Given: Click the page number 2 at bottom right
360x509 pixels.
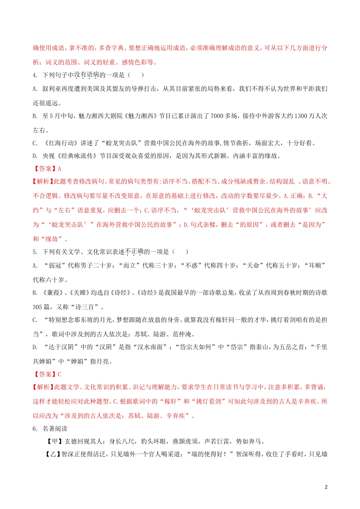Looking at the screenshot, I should pyautogui.click(x=326, y=487).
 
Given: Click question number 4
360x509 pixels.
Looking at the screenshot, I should pyautogui.click(x=34, y=75).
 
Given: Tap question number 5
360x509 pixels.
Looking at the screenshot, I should pyautogui.click(x=34, y=252).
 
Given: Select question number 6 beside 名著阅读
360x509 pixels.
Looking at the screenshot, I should pyautogui.click(x=34, y=429).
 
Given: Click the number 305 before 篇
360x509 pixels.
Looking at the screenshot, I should pyautogui.click(x=38, y=307).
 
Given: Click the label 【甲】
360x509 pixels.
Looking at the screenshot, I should pyautogui.click(x=55, y=441).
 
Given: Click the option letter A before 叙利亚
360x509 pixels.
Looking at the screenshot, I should pyautogui.click(x=34, y=89).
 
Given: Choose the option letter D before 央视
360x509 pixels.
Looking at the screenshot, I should pyautogui.click(x=34, y=156).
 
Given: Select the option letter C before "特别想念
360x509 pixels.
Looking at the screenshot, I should pyautogui.click(x=34, y=320).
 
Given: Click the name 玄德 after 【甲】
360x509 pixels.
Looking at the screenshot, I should pyautogui.click(x=71, y=441).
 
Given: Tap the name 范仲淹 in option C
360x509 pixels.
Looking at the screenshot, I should pyautogui.click(x=183, y=334).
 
